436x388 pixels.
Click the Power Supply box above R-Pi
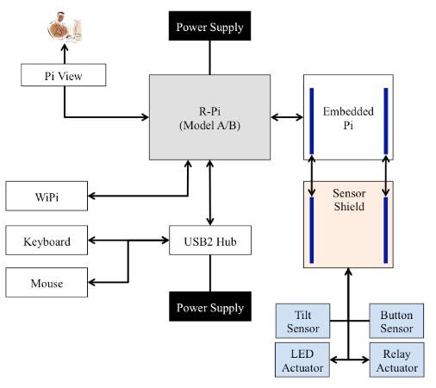(x=209, y=26)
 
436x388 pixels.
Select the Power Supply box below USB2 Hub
(x=210, y=306)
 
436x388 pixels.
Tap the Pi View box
(x=64, y=75)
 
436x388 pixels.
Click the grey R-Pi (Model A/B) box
(x=209, y=117)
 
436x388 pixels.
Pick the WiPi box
(x=47, y=196)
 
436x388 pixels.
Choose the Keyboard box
(x=47, y=241)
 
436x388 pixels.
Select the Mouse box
(x=47, y=283)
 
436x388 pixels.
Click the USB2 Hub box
(x=210, y=241)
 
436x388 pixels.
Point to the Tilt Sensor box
(x=302, y=321)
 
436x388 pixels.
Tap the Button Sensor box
(x=396, y=321)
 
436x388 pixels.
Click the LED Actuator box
(x=302, y=360)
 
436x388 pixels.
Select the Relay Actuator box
(x=396, y=360)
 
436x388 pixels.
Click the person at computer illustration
(x=65, y=28)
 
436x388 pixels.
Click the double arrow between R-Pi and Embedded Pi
(x=287, y=117)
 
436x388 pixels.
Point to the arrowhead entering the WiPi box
(x=91, y=196)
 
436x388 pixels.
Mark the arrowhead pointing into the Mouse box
(x=91, y=282)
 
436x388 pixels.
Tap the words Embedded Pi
(x=348, y=118)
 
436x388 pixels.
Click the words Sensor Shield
(x=349, y=200)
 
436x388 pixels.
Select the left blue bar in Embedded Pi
(x=312, y=121)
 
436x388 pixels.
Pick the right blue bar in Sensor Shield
(x=386, y=230)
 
